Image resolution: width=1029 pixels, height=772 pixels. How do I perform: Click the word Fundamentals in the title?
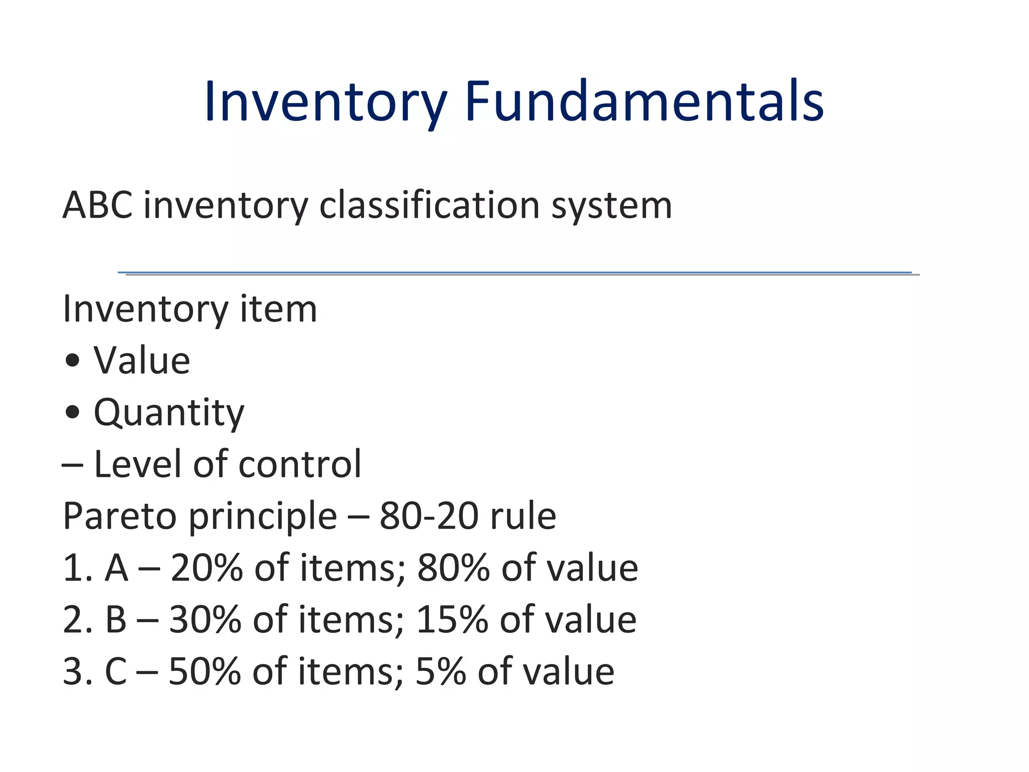click(x=644, y=102)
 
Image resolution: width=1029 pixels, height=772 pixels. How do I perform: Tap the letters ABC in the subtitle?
click(x=97, y=206)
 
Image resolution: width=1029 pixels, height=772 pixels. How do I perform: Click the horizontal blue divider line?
click(x=514, y=273)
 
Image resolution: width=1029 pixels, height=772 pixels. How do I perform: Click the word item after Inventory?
click(x=278, y=309)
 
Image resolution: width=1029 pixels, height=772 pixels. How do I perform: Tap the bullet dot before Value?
click(x=73, y=361)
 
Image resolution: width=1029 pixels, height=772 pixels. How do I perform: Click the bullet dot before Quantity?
click(x=73, y=412)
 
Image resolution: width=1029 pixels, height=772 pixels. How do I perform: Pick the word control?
click(x=300, y=464)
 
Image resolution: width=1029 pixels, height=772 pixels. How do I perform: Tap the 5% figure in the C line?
click(x=441, y=672)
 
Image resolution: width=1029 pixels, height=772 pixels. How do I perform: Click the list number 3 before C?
click(x=73, y=672)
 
